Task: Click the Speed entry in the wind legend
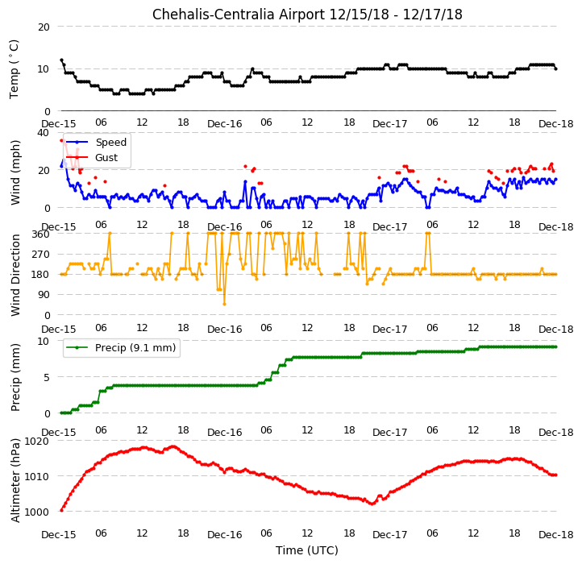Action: pyautogui.click(x=111, y=142)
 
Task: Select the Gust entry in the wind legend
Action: pyautogui.click(x=106, y=157)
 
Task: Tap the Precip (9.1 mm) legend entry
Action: pyautogui.click(x=135, y=348)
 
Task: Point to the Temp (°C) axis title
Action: pyautogui.click(x=14, y=69)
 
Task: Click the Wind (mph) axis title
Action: pyautogui.click(x=15, y=172)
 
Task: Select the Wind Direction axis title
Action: pyautogui.click(x=15, y=275)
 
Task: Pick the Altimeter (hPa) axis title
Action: pyautogui.click(x=15, y=480)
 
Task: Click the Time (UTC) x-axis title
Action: pyautogui.click(x=306, y=549)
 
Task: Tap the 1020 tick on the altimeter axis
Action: pyautogui.click(x=36, y=441)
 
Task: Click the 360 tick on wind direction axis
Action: pyautogui.click(x=41, y=234)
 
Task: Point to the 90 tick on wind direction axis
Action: pyautogui.click(x=44, y=295)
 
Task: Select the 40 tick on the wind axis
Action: pyautogui.click(x=44, y=132)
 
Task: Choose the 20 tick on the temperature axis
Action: pyautogui.click(x=44, y=27)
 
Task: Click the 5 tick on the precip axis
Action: pyautogui.click(x=47, y=377)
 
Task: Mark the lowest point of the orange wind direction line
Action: pyautogui.click(x=224, y=305)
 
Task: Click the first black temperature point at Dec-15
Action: pyautogui.click(x=61, y=60)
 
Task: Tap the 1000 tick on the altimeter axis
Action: pyautogui.click(x=36, y=512)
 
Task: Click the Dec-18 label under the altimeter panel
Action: pyautogui.click(x=556, y=534)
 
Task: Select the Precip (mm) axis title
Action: pyautogui.click(x=15, y=377)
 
